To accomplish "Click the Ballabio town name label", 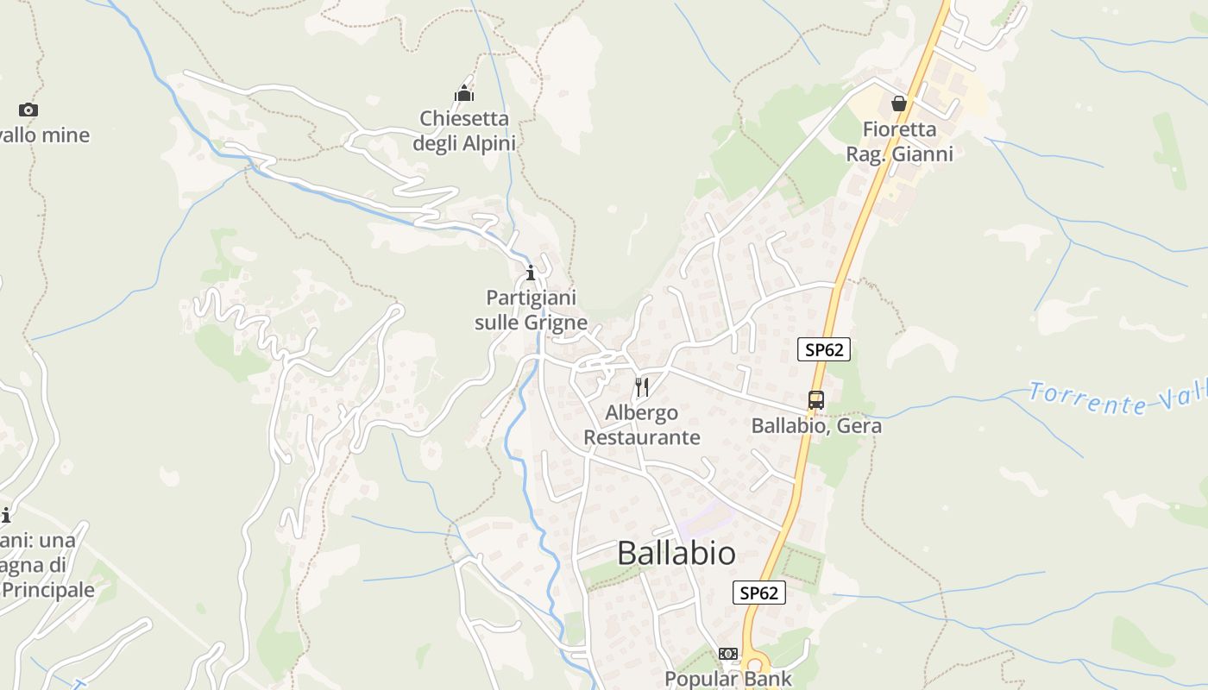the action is [676, 554].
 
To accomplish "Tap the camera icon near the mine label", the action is [28, 110].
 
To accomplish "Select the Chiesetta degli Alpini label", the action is [464, 130].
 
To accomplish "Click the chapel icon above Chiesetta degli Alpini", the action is [465, 93].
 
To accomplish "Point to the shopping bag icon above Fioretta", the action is [899, 103].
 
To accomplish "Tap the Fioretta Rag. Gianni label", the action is [899, 141].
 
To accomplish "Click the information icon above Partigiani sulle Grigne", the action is [531, 273].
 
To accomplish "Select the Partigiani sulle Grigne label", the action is [531, 310].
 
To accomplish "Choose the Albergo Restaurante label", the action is [642, 424].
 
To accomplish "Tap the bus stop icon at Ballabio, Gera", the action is [815, 399].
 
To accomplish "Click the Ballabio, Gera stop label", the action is [816, 426].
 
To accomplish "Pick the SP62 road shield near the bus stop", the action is [823, 349].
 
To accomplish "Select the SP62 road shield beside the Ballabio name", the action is [759, 593].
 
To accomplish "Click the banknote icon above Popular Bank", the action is [728, 654].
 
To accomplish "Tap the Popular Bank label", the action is [728, 679].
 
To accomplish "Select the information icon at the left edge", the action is [5, 515].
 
